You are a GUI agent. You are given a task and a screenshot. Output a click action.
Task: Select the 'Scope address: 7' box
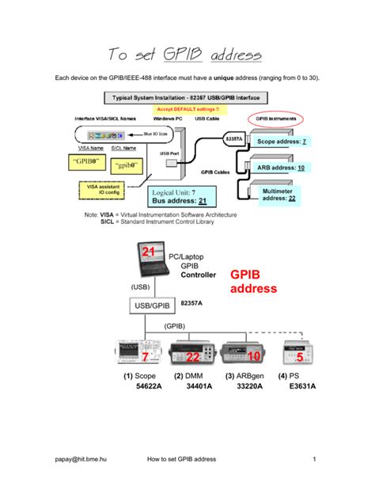(282, 141)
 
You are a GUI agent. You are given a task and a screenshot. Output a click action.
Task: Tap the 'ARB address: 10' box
(281, 168)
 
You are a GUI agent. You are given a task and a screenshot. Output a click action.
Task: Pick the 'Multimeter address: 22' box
(279, 195)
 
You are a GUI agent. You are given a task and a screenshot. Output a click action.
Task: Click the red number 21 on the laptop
(148, 252)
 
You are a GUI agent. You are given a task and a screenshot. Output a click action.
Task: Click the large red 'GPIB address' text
(253, 281)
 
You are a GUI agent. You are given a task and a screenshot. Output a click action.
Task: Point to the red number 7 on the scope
(146, 358)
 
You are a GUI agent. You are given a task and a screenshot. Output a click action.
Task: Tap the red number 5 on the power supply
(299, 358)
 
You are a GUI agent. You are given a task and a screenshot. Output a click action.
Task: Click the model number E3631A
(301, 388)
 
